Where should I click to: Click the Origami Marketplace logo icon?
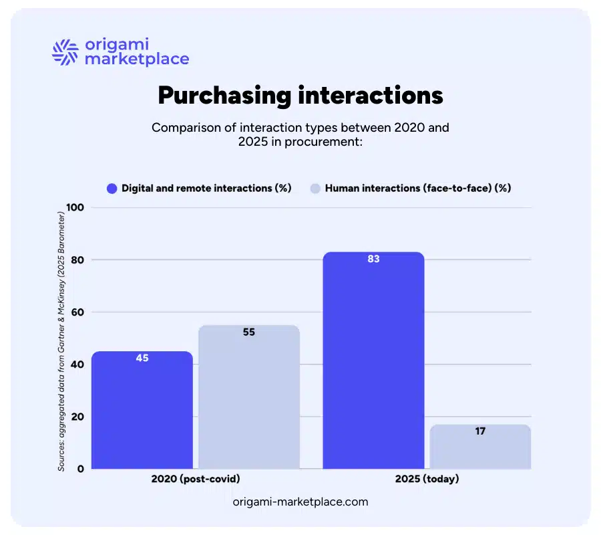click(x=65, y=52)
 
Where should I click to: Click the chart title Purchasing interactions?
click(x=300, y=96)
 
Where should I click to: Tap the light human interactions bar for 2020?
click(x=249, y=398)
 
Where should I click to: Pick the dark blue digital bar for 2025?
click(x=373, y=361)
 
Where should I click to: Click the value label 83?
click(x=373, y=259)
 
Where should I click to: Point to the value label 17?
click(x=480, y=431)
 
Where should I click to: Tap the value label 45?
click(x=142, y=358)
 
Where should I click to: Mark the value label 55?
click(x=249, y=332)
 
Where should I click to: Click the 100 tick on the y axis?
click(x=75, y=207)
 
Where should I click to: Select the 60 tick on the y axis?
click(x=77, y=312)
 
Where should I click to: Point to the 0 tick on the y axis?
click(x=80, y=469)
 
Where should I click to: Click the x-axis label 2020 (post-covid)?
click(x=196, y=480)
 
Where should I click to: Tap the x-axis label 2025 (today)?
click(x=427, y=480)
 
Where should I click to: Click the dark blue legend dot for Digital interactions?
click(x=112, y=189)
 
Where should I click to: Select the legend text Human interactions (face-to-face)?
click(x=417, y=189)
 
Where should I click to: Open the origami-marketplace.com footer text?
click(x=300, y=501)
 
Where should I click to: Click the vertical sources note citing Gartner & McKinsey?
click(x=61, y=341)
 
